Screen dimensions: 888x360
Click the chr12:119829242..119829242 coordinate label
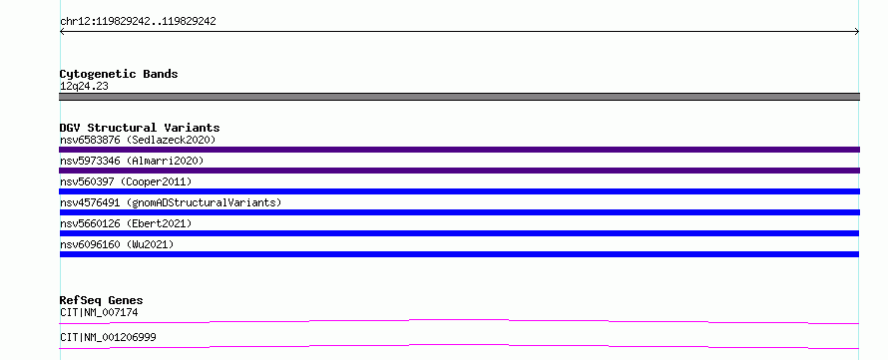[138, 22]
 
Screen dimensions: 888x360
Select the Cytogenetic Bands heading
[119, 74]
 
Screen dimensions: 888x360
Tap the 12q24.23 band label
[84, 87]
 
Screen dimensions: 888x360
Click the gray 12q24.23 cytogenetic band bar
[459, 97]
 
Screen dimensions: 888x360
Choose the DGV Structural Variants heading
[140, 128]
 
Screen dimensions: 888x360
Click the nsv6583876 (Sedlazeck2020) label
[138, 140]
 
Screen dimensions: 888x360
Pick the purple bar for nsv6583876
[459, 150]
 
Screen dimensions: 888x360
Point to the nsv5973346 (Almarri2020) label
[132, 161]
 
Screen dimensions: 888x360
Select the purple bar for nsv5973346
[459, 171]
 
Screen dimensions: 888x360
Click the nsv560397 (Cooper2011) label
[126, 181]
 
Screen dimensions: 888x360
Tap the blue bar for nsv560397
[459, 191]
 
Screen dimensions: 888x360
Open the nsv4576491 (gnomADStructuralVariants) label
[171, 202]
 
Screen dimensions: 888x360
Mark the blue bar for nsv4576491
[459, 212]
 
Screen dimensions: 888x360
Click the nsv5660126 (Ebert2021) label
[126, 223]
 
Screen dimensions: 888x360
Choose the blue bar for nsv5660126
[459, 233]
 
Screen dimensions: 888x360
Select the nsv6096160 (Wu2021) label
[117, 244]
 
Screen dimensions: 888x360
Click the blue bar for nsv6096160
[459, 254]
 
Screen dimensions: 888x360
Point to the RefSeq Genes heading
[102, 300]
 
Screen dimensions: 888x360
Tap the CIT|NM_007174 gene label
[99, 312]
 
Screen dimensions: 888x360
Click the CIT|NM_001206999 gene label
[108, 337]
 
